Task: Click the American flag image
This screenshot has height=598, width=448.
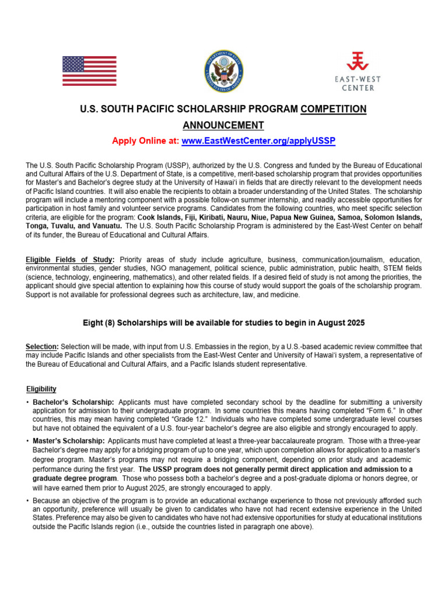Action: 89,71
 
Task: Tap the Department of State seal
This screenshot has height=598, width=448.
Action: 223,71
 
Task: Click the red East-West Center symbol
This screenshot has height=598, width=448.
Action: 358,61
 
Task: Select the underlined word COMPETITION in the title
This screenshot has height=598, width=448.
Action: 334,109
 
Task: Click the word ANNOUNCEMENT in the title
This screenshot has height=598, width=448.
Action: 223,126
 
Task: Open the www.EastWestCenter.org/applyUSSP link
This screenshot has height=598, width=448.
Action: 258,141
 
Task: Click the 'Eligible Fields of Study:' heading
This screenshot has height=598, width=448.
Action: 71,259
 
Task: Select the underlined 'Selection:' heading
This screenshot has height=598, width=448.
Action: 42,347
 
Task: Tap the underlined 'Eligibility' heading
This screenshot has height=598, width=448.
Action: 41,389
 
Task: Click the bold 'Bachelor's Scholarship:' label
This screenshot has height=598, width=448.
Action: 73,402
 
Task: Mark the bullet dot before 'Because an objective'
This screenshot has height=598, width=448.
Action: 27,501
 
